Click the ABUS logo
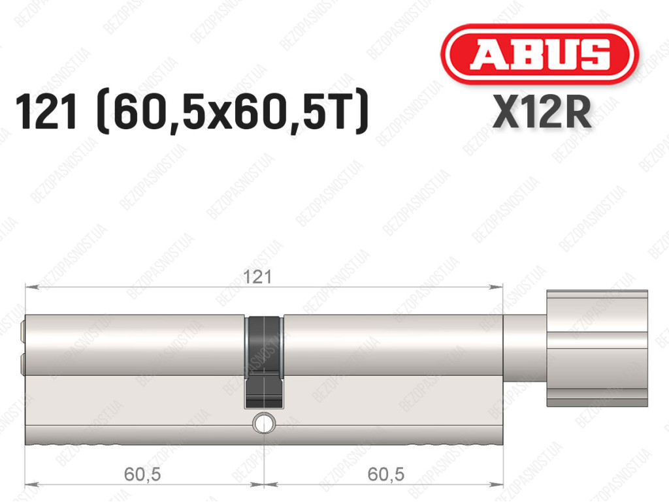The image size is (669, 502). tap(539, 54)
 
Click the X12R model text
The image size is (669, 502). tap(542, 112)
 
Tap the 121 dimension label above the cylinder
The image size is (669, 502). tap(257, 277)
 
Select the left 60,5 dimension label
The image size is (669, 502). tap(142, 475)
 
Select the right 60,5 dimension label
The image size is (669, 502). tap(385, 475)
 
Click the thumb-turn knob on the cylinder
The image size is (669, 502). tap(597, 348)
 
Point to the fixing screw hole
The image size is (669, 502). tap(264, 423)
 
